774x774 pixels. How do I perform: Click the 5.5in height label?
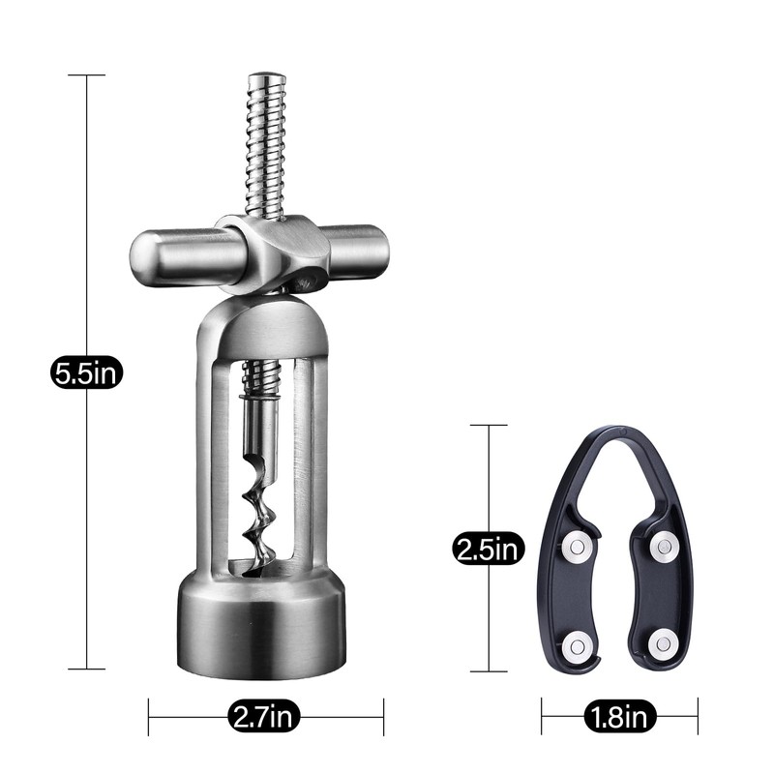click(x=86, y=372)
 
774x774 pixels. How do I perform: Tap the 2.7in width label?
click(x=264, y=717)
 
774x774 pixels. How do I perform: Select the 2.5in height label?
click(x=489, y=550)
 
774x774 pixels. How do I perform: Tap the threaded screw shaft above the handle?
click(x=264, y=145)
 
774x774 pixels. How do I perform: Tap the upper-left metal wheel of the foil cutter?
click(x=578, y=547)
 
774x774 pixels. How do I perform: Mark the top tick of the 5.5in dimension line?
click(x=87, y=74)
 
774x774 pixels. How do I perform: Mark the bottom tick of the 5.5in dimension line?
click(x=87, y=669)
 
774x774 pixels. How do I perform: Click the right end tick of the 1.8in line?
click(x=698, y=717)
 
